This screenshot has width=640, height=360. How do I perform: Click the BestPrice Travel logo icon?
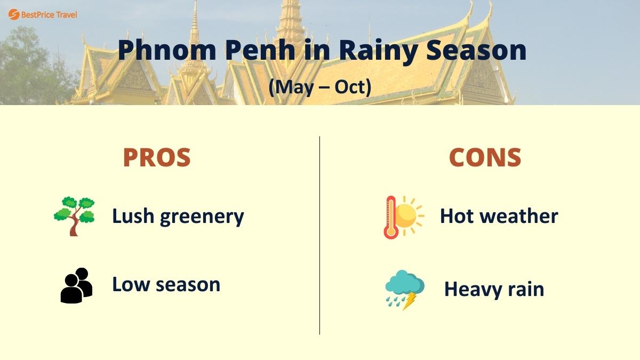tap(14, 14)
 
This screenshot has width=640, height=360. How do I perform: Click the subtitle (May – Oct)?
tap(319, 86)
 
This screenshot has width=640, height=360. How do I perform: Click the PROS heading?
tap(156, 157)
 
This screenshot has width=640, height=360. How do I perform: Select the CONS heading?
tap(484, 157)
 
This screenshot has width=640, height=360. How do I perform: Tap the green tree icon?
tap(74, 216)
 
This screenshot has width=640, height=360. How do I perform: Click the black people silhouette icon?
tap(76, 286)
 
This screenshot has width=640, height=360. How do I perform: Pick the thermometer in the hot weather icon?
tap(390, 218)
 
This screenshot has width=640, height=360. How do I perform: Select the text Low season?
tap(166, 284)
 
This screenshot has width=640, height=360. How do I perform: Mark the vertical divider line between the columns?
tap(319, 235)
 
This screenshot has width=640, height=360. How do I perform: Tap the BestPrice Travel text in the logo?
tap(49, 14)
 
